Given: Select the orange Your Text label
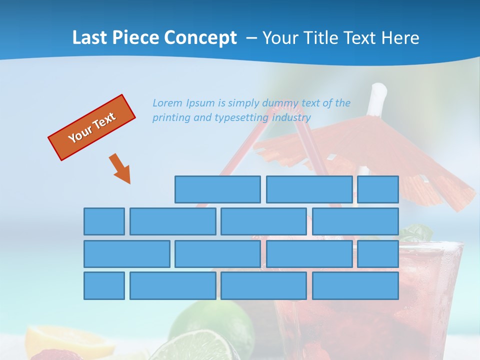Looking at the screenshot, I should coord(92,127).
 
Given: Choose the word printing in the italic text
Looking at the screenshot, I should coord(170,118).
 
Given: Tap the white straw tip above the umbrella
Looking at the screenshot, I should coord(378,91).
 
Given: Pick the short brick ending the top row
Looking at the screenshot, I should coord(378,189).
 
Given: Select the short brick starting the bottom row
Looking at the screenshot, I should coord(104,286).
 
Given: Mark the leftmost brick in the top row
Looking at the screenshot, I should coord(217,189).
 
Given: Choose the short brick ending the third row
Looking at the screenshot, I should coord(378,254).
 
